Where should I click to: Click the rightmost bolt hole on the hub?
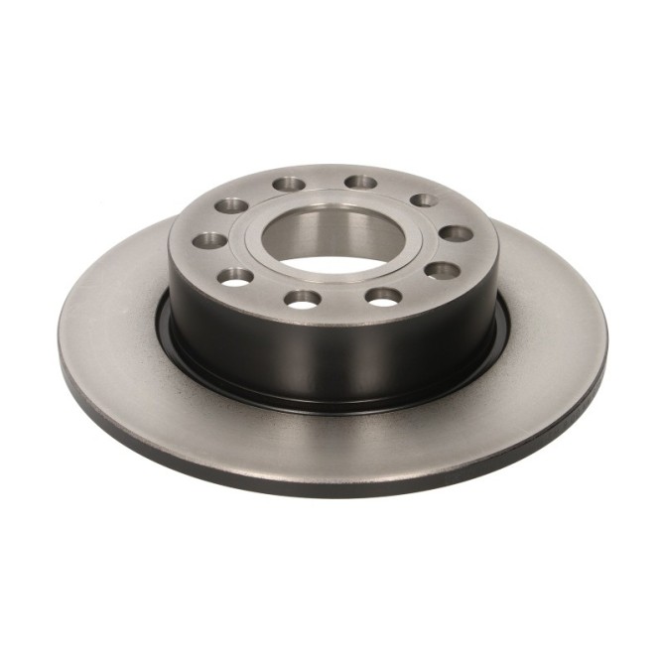point(456,234)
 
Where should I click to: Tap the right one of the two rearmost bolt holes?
point(362,183)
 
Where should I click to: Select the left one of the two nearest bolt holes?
point(302,297)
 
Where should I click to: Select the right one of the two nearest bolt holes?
point(382,295)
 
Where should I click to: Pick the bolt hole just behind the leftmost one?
point(233,205)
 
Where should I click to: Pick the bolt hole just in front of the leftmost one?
point(236,276)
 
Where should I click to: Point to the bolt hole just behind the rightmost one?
point(425,201)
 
